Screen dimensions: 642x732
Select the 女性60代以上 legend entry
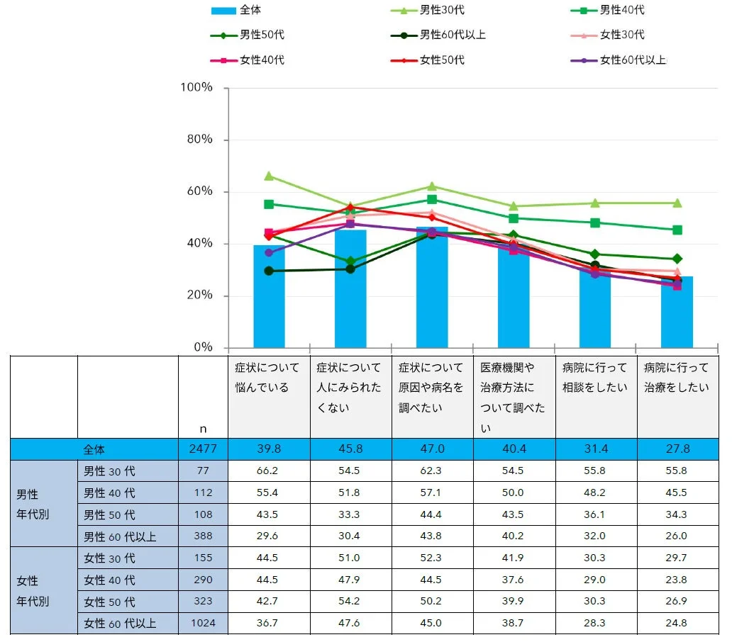point(632,60)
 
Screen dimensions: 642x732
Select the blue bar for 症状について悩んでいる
point(269,298)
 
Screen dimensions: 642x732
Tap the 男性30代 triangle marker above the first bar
point(269,176)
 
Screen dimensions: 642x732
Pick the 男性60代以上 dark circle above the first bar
point(269,271)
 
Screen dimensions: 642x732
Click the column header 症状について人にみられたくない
point(350,388)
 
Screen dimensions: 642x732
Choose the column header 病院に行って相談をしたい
point(595,378)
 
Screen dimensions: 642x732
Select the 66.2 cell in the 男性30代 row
point(268,471)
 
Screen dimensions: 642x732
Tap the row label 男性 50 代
point(109,514)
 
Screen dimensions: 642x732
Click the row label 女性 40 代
point(109,580)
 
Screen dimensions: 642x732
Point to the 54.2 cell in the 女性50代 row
point(350,602)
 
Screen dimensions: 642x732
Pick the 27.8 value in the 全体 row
point(677,449)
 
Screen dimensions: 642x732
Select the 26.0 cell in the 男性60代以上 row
point(677,536)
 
